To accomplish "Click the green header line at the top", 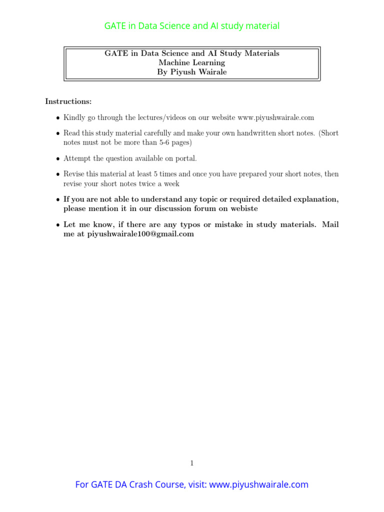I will click(x=191, y=26).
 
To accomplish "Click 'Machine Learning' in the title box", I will click(x=191, y=63).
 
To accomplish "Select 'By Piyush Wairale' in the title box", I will click(x=191, y=72).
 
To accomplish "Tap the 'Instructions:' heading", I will click(x=68, y=101).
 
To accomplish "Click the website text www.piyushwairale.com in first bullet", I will click(x=276, y=118).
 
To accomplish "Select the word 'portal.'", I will click(x=186, y=158).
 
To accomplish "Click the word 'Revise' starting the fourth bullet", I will click(x=73, y=174).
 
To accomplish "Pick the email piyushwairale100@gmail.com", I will click(x=140, y=234).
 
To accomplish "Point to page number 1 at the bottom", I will click(x=191, y=463).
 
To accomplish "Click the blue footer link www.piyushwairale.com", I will click(x=258, y=484).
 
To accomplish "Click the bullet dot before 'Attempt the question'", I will click(x=58, y=159).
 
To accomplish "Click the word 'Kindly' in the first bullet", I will click(x=74, y=118).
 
